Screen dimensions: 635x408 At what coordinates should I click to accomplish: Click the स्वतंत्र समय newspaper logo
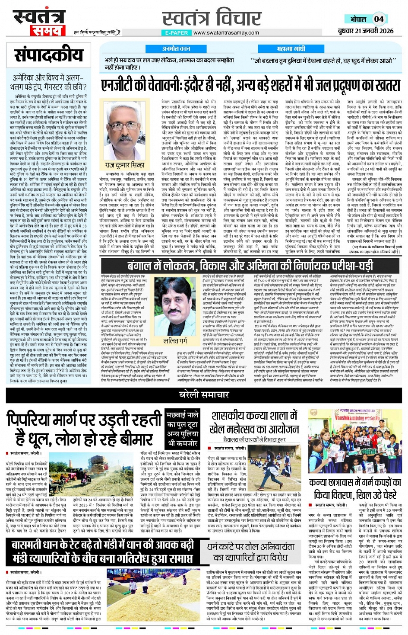pos(38,22)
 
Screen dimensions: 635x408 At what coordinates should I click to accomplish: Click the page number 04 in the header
pos(379,19)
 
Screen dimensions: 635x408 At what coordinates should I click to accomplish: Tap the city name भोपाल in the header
pos(358,19)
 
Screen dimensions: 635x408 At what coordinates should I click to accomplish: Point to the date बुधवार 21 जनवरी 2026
pos(365,31)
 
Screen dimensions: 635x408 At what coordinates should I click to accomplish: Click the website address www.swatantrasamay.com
pos(226,33)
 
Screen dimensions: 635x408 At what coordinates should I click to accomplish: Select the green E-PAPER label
pos(177,33)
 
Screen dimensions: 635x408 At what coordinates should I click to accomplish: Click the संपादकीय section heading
pos(48,55)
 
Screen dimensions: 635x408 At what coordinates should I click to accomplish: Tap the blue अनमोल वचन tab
pos(176,49)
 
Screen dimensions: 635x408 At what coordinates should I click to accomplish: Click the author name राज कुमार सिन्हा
pos(125,166)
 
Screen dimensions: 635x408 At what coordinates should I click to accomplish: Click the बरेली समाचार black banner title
pos(204,394)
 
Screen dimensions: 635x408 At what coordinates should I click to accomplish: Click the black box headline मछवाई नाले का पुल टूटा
pos(183,429)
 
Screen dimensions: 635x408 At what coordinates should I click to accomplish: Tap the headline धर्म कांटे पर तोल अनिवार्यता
pos(250,552)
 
